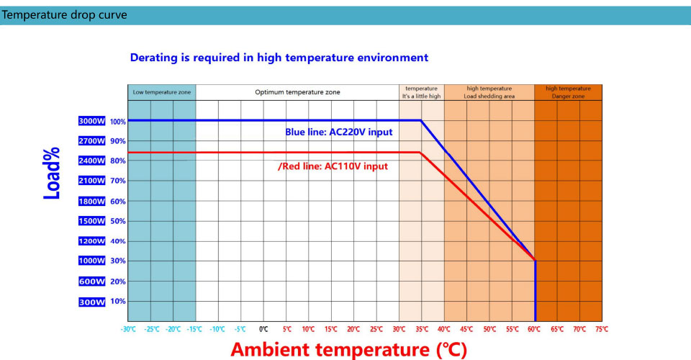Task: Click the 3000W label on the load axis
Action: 92,121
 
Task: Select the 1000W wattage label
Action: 92,261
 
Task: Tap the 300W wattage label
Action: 92,302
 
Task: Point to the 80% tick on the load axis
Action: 118,161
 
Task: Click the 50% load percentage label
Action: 118,221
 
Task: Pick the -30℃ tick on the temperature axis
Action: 129,329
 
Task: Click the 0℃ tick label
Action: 263,329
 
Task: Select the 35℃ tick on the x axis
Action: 422,329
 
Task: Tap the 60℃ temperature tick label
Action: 535,329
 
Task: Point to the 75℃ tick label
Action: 601,329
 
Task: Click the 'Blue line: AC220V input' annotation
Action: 339,132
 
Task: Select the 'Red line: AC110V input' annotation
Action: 333,166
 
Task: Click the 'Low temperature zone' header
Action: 162,92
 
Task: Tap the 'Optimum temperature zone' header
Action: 297,92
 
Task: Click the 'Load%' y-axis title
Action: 52,175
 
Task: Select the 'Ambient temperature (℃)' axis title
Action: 348,350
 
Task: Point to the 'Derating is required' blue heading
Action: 279,58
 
